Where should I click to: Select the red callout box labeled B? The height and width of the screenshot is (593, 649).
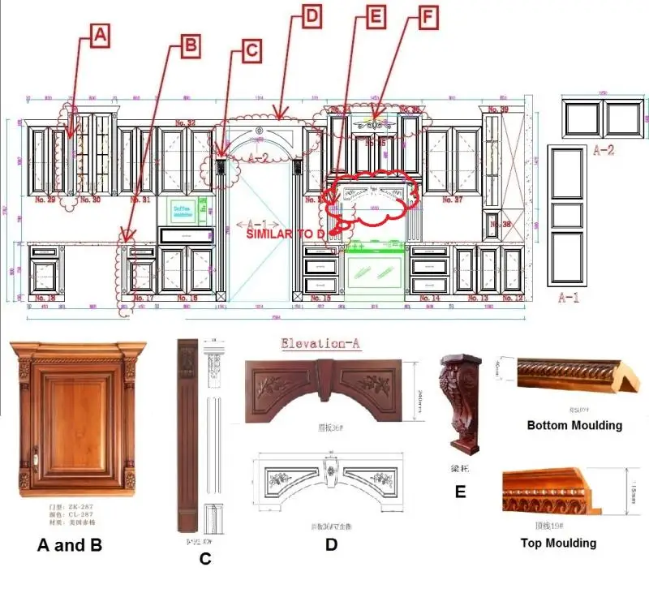click(188, 45)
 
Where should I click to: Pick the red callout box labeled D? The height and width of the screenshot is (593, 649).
click(312, 15)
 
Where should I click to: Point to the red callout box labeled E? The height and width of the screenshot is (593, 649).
click(374, 17)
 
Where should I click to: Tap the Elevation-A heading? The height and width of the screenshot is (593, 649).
click(320, 343)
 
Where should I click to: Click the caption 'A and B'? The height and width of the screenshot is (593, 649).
click(70, 545)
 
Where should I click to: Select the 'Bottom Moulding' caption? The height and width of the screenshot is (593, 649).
click(574, 425)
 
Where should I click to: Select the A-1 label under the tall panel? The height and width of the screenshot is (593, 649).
click(569, 298)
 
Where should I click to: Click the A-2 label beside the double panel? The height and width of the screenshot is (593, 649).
click(604, 150)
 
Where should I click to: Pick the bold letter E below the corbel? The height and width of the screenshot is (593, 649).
click(460, 491)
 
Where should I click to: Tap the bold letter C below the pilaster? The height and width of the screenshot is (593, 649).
click(205, 558)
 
